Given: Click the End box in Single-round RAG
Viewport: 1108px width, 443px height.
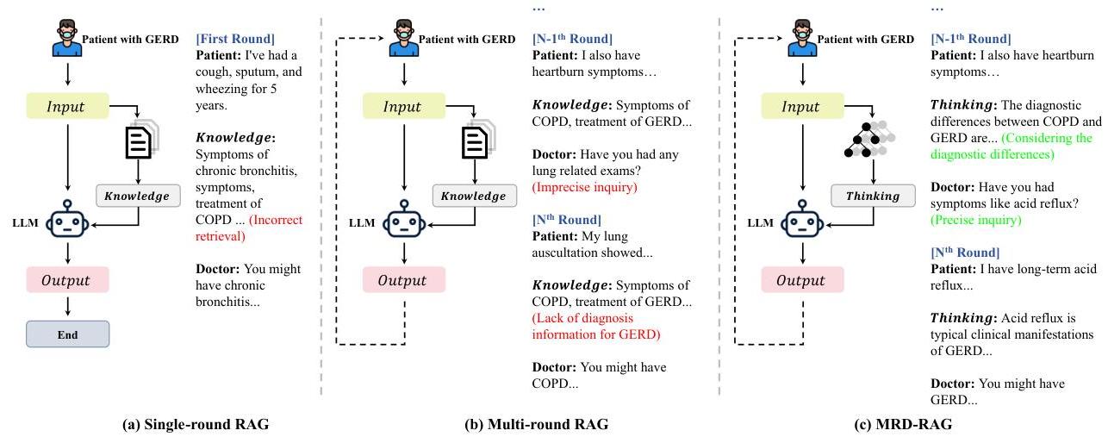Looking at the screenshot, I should click(67, 334).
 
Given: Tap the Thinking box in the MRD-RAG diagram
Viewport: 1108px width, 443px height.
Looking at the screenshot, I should click(872, 196).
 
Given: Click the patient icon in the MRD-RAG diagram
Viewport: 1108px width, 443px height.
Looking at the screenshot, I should click(802, 39).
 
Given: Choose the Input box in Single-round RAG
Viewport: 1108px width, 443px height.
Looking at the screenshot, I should click(67, 106).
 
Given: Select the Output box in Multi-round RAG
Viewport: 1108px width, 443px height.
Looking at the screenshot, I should click(404, 280).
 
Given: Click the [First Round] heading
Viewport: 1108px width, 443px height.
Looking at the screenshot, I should click(235, 39).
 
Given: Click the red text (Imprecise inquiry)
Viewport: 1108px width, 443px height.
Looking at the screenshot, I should click(579, 187).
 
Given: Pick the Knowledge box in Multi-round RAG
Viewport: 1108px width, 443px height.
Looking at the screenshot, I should click(473, 196).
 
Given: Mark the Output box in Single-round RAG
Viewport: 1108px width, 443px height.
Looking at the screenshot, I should click(67, 280).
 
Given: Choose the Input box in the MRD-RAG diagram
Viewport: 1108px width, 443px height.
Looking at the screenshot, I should click(802, 106).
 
